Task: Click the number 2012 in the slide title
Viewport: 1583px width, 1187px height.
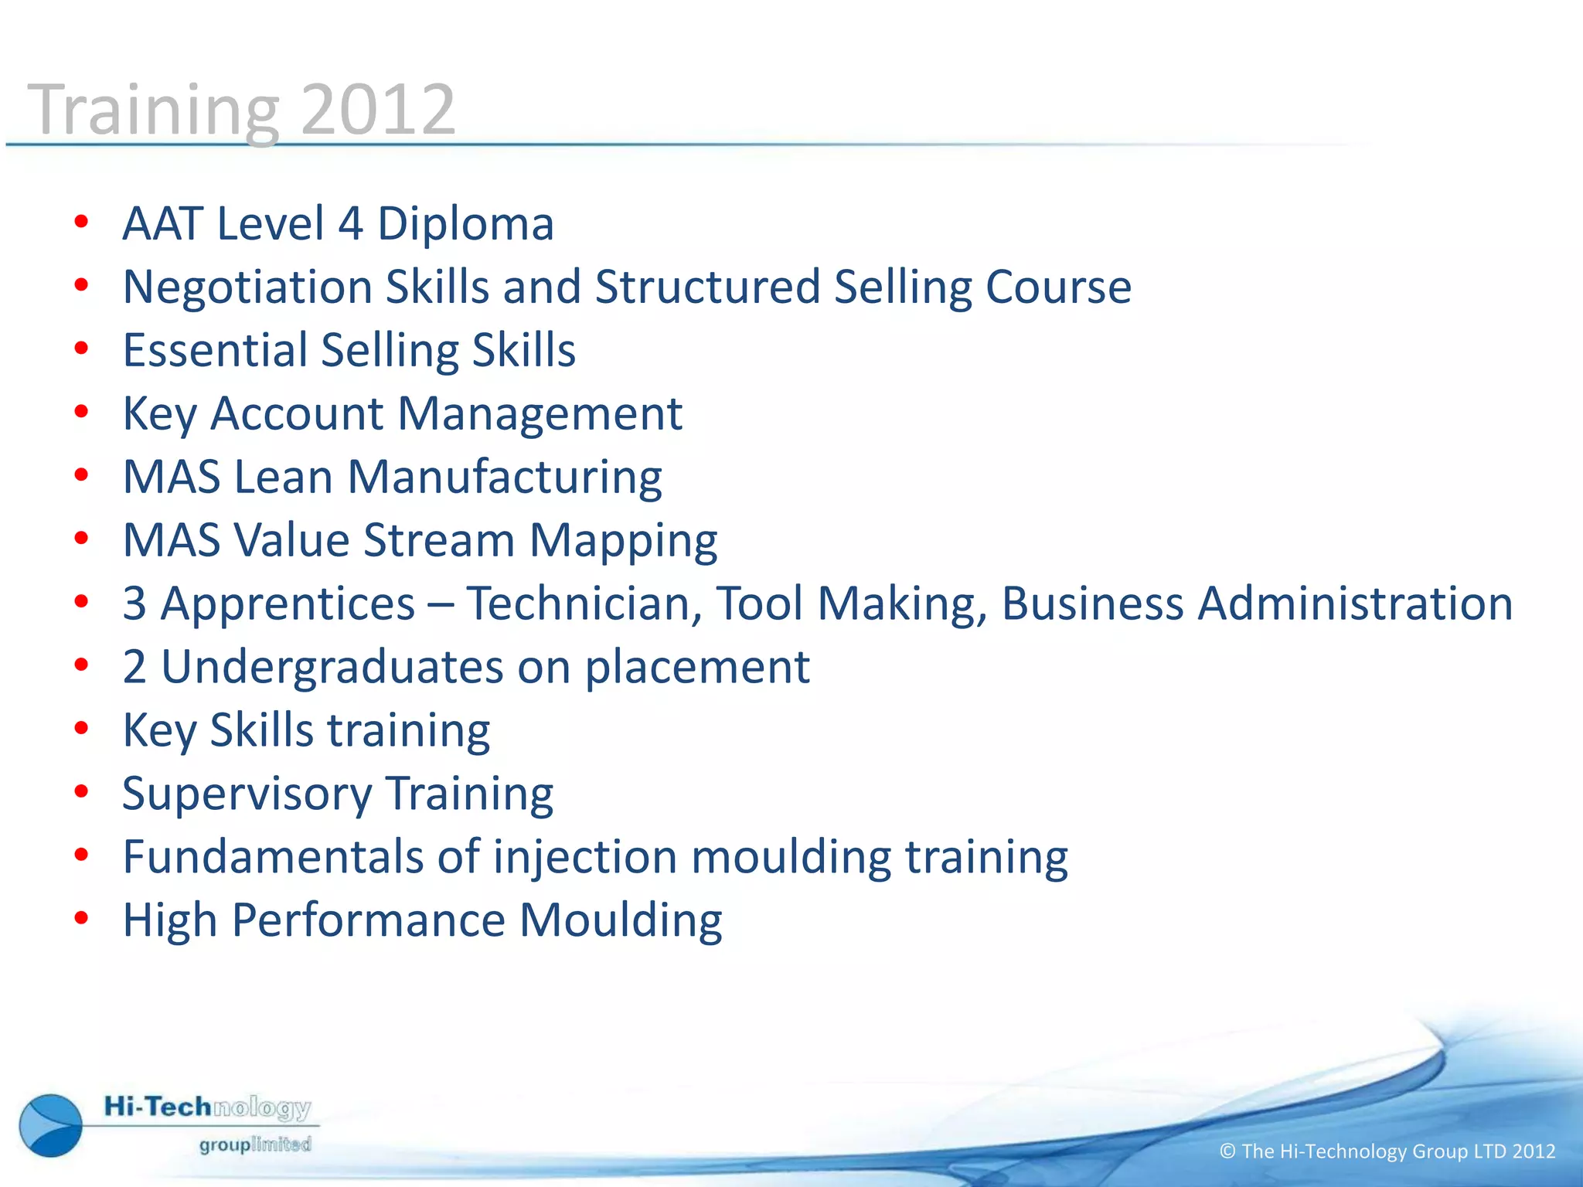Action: (x=378, y=111)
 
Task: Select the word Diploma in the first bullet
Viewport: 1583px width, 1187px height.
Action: (x=465, y=224)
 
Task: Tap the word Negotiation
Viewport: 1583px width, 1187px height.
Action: (x=247, y=287)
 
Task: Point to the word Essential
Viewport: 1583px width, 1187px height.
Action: (x=215, y=351)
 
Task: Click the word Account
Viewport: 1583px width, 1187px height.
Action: (x=297, y=414)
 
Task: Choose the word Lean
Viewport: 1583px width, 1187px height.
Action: (x=283, y=477)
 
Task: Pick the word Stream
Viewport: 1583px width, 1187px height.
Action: (x=439, y=540)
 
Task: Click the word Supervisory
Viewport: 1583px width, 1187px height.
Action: (x=247, y=794)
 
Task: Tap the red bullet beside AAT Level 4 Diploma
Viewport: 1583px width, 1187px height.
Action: (x=81, y=223)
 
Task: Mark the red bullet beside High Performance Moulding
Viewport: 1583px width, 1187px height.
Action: (x=81, y=919)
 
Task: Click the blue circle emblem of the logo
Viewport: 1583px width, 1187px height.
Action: (x=51, y=1125)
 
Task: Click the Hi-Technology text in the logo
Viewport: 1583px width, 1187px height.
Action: (x=207, y=1107)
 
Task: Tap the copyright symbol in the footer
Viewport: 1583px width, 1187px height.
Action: (x=1227, y=1151)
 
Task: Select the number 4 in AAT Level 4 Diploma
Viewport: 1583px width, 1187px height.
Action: (x=351, y=224)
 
